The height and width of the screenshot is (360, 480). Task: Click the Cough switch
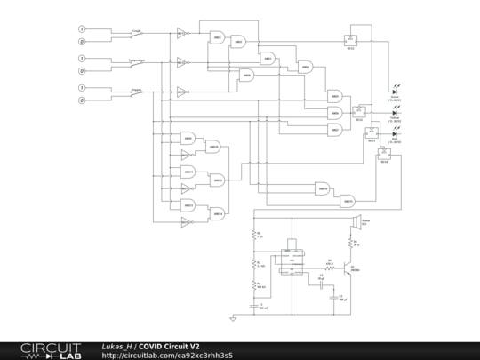tap(137, 35)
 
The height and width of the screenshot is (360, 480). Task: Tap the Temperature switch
tap(137, 65)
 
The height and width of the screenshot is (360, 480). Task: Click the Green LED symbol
tap(394, 92)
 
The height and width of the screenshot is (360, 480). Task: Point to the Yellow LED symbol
tap(394, 114)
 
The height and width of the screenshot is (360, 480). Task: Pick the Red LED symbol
tap(394, 134)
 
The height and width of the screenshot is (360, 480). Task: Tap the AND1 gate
tap(216, 36)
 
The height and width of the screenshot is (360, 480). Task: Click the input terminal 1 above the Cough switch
tap(82, 28)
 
